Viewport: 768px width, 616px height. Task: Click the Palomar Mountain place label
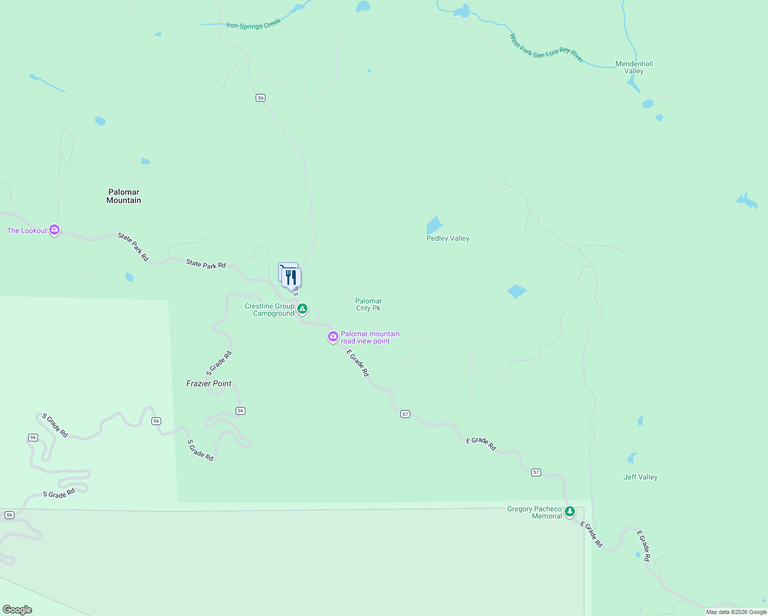(124, 196)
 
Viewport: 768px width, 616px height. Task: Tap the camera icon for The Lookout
(54, 230)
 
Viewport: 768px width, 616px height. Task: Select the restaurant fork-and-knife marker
(292, 278)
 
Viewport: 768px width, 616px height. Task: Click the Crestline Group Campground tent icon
(303, 309)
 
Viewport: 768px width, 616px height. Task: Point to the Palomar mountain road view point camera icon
(333, 337)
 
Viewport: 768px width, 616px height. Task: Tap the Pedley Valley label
(448, 238)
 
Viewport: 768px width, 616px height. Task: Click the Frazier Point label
(209, 383)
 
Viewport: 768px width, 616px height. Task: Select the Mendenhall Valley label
(634, 67)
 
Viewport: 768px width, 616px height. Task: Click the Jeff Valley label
(640, 477)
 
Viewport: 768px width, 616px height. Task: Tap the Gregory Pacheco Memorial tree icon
(569, 511)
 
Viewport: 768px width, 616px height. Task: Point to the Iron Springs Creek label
(254, 24)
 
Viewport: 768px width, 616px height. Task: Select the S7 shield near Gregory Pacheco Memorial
(536, 472)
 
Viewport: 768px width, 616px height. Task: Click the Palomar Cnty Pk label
(369, 304)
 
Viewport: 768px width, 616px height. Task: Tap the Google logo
(17, 609)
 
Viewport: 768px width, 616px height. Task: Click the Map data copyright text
(736, 612)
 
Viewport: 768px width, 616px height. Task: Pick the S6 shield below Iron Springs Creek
(260, 98)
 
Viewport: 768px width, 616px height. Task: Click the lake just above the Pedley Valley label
(434, 225)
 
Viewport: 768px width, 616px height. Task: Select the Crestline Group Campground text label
(270, 310)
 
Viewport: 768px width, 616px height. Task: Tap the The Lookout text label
(27, 230)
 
